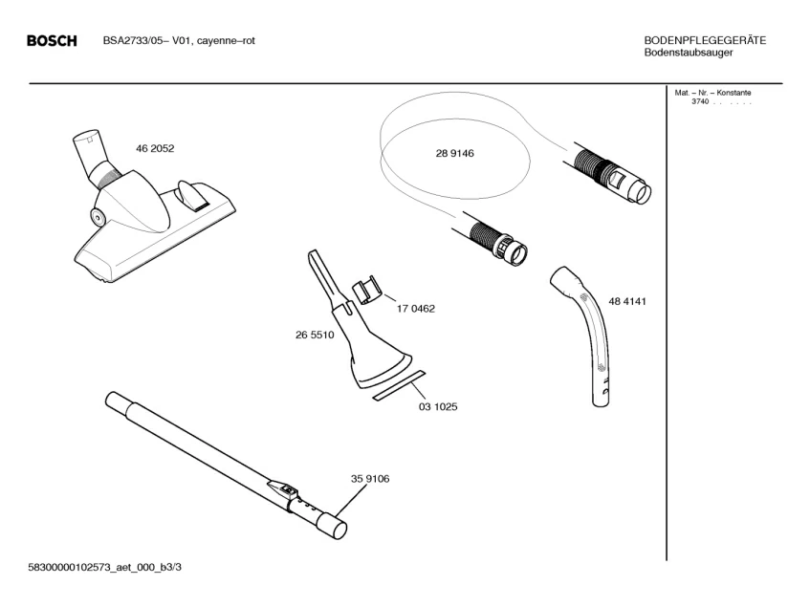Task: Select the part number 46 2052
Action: tap(155, 149)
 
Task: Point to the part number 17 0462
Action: tap(416, 309)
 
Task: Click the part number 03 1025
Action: tap(438, 406)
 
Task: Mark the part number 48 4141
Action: tap(628, 301)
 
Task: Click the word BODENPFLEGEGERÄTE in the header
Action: tap(705, 40)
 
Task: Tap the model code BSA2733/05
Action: tap(134, 40)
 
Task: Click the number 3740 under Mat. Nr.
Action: tap(699, 101)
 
